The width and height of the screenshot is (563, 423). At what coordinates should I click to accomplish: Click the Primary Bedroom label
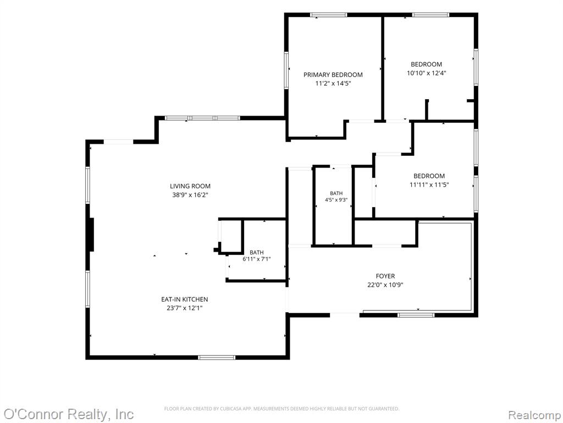[x=333, y=75]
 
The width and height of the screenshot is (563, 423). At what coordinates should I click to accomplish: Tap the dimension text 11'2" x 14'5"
[x=333, y=84]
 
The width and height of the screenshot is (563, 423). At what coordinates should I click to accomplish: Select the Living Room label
[x=190, y=186]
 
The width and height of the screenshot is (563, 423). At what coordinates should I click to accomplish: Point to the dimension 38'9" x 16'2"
[x=190, y=195]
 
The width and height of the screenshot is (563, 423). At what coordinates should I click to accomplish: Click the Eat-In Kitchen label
[x=185, y=299]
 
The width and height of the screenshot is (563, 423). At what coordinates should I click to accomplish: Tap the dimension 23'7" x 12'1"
[x=185, y=308]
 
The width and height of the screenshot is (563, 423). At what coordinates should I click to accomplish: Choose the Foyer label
[x=385, y=276]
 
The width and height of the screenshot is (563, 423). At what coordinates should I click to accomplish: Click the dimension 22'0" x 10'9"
[x=385, y=285]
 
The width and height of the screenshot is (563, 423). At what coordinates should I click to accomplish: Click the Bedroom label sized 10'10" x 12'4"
[x=426, y=64]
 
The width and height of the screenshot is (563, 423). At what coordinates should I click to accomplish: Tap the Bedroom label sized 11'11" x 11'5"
[x=429, y=176]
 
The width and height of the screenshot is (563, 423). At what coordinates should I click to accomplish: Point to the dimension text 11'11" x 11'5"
[x=429, y=185]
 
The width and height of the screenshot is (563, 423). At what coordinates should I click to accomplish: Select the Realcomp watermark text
[x=534, y=415]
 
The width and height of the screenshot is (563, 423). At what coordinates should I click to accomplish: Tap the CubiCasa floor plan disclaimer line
[x=281, y=409]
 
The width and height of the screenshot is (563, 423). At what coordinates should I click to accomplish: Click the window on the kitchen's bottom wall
[x=217, y=357]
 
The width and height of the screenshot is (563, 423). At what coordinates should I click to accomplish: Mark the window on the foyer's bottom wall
[x=416, y=315]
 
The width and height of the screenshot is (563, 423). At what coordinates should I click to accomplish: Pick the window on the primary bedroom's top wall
[x=329, y=15]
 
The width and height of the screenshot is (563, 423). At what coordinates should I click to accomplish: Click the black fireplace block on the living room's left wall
[x=91, y=235]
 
